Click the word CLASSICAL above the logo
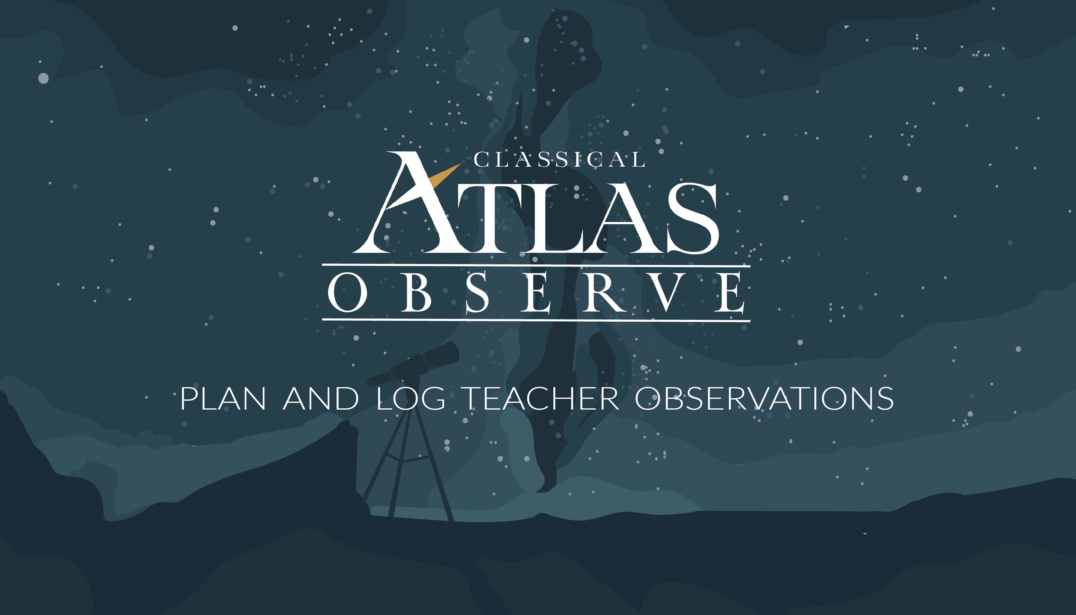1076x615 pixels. click(x=559, y=160)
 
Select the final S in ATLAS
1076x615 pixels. click(x=693, y=218)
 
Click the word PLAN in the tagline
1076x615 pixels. click(x=223, y=398)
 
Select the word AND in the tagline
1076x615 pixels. click(x=321, y=398)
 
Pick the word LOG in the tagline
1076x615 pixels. click(x=411, y=398)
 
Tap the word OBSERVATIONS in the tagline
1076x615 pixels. click(x=764, y=398)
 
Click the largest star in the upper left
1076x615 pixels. click(x=43, y=78)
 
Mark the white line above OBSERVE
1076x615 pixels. click(x=536, y=265)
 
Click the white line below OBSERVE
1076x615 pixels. click(x=536, y=320)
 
